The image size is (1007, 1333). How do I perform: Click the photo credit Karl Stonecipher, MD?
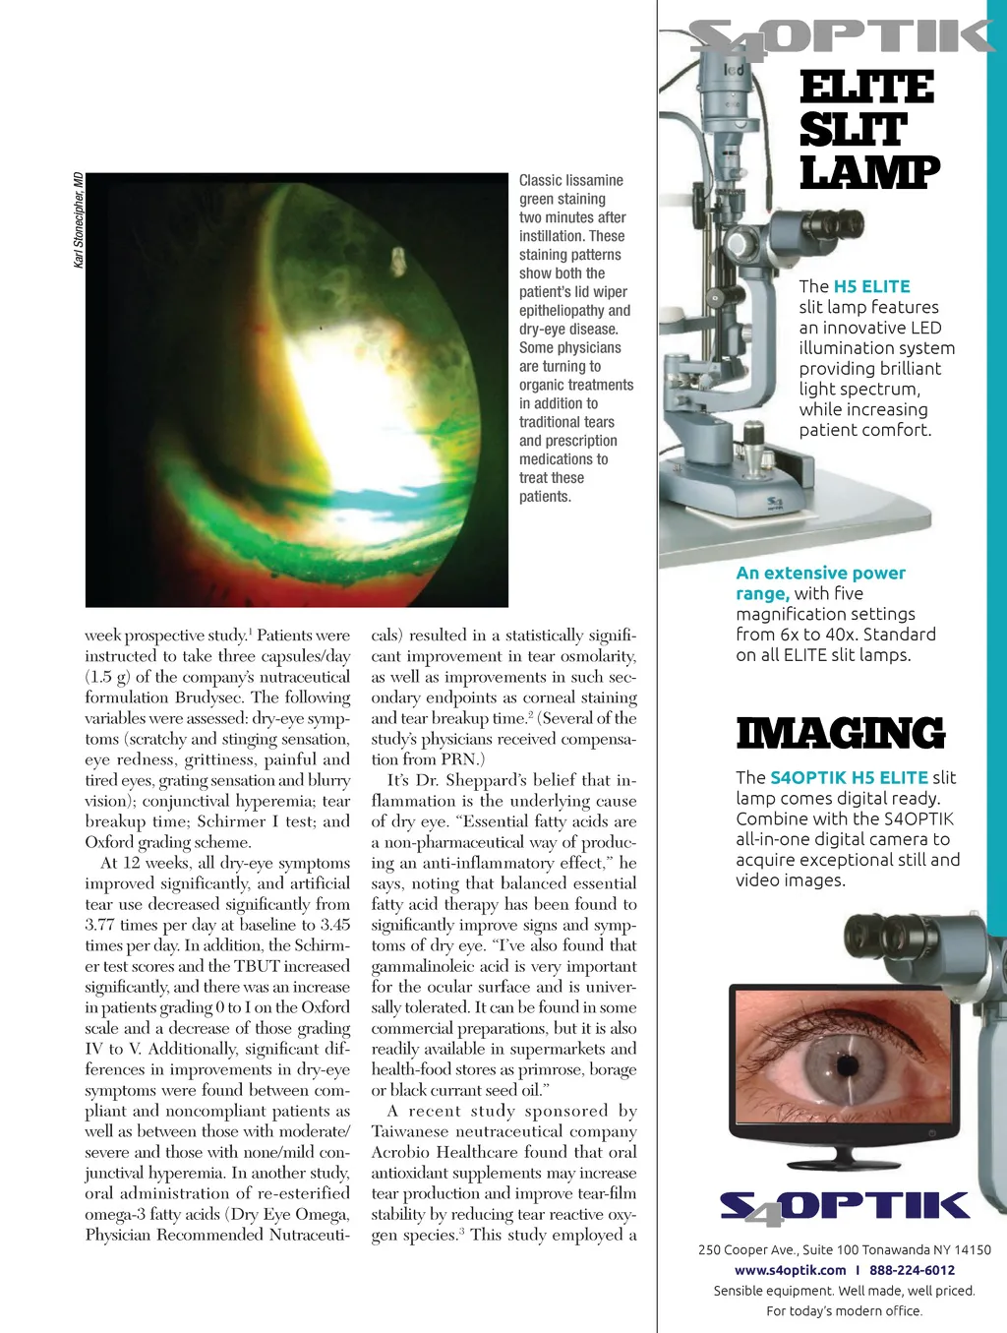[x=79, y=219]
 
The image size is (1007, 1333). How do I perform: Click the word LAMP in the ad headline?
[x=869, y=173]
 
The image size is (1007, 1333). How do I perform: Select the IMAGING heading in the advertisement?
[x=841, y=734]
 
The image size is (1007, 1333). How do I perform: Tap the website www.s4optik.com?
[x=790, y=1270]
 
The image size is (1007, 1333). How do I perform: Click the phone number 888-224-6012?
[x=912, y=1270]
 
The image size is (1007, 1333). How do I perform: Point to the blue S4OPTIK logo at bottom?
[x=844, y=1207]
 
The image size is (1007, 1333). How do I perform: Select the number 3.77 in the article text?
[x=101, y=925]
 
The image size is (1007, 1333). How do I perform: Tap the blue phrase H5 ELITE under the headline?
[x=871, y=286]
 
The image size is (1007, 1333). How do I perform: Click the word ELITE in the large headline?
[x=866, y=88]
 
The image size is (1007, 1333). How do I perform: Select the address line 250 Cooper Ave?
[x=844, y=1249]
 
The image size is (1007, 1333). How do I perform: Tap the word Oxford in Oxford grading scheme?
[x=109, y=842]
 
